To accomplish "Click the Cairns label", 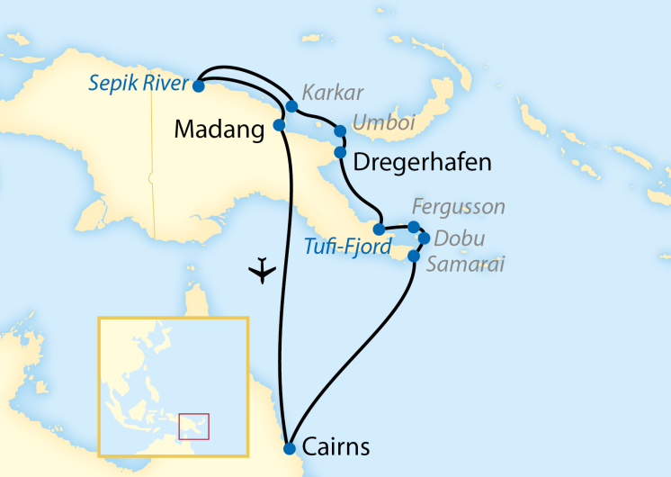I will pyautogui.click(x=336, y=447).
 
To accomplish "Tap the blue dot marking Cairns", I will pyautogui.click(x=290, y=448).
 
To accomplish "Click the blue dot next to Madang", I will pyautogui.click(x=279, y=124).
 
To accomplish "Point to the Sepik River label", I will pyautogui.click(x=139, y=85).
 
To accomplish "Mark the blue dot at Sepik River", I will pyautogui.click(x=198, y=85).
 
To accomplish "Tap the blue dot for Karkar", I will pyautogui.click(x=291, y=106).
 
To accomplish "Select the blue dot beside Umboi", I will pyautogui.click(x=340, y=131).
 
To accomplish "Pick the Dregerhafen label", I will pyautogui.click(x=423, y=162).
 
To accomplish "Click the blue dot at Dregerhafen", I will pyautogui.click(x=341, y=152).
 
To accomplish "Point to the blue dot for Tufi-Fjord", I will pyautogui.click(x=380, y=229).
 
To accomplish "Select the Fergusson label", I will pyautogui.click(x=457, y=208).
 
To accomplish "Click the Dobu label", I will pyautogui.click(x=459, y=238).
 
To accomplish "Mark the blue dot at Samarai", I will pyautogui.click(x=414, y=256).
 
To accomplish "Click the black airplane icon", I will pyautogui.click(x=263, y=269).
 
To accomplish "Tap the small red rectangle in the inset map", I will pyautogui.click(x=194, y=426).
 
